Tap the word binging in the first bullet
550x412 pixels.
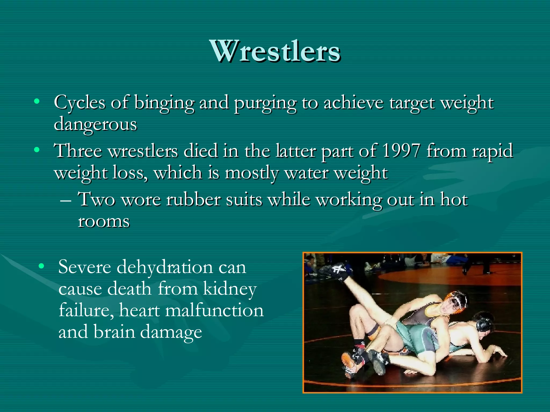[x=164, y=103]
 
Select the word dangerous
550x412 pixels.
[x=95, y=125]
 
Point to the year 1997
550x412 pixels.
[x=401, y=151]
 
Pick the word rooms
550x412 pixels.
[x=104, y=222]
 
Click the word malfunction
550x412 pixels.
[x=214, y=311]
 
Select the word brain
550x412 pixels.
[x=114, y=332]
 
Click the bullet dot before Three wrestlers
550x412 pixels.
[x=37, y=150]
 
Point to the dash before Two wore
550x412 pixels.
[x=66, y=200]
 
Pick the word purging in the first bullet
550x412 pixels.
[x=265, y=103]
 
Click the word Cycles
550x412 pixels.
[x=79, y=103]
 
